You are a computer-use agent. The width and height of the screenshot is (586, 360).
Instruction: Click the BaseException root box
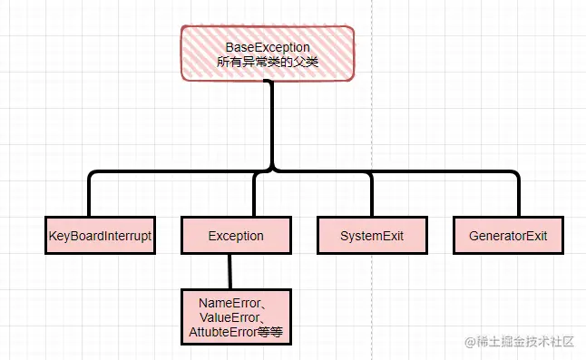267,54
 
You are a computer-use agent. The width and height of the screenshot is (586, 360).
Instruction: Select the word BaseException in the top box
268,46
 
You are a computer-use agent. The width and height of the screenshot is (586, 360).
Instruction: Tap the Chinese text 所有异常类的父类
268,63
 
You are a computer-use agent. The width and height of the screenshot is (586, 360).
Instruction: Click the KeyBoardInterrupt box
99,236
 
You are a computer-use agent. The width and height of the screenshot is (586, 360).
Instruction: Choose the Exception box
236,236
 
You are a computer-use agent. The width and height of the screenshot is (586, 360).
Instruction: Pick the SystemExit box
371,236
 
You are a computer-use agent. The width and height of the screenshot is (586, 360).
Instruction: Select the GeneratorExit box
508,236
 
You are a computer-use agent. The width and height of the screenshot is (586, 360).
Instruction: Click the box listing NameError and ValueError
236,317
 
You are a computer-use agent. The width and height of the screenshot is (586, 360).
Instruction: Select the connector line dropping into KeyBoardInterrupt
90,195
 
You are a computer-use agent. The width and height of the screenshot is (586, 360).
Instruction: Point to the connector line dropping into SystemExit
371,195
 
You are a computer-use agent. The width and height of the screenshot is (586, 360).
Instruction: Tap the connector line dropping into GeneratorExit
518,195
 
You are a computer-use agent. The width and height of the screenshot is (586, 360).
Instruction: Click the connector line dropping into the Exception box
255,195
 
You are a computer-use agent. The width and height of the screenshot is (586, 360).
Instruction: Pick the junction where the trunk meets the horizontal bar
270,170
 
